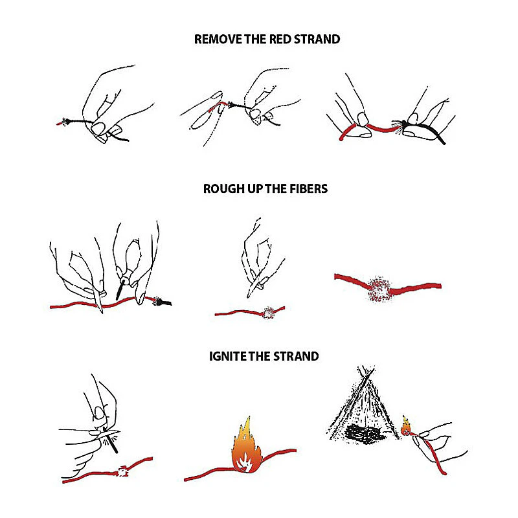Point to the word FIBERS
309,188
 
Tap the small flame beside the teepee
406,426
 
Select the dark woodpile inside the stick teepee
363,433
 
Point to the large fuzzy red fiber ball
379,288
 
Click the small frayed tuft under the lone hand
269,313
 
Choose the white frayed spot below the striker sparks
122,471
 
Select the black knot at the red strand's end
161,301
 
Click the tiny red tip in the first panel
59,124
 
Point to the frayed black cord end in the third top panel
398,127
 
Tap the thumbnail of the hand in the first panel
98,128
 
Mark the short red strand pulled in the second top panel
218,107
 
